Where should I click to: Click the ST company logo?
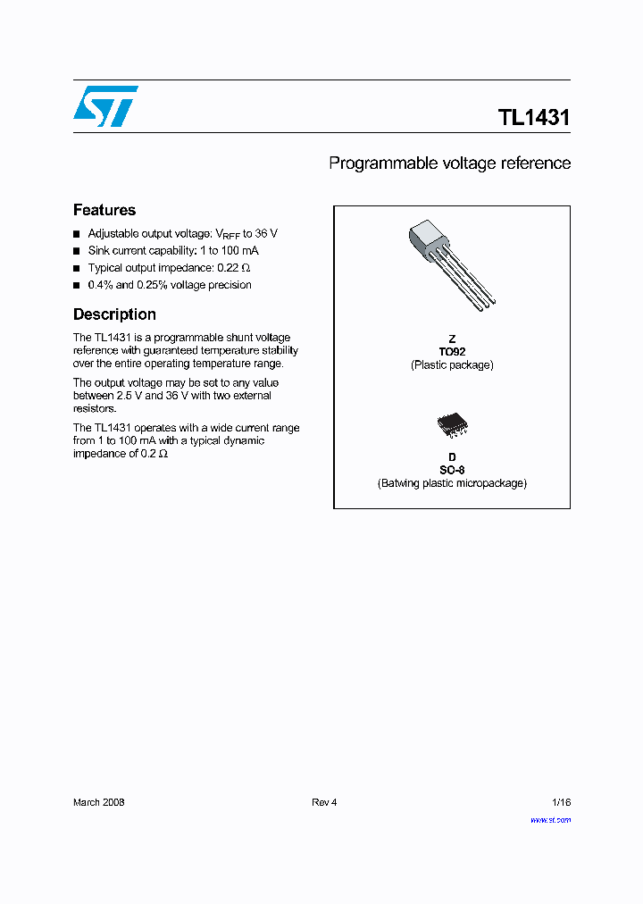105,106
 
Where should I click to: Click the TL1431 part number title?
533,118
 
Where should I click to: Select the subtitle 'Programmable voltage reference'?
449,163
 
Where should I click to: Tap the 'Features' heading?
104,210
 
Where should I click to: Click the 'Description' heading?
114,314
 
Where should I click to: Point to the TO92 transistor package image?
449,264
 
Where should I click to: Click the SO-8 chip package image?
452,424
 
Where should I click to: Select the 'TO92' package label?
452,352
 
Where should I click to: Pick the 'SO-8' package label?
452,470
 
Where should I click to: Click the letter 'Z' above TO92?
452,339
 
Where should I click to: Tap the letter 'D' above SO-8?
452,457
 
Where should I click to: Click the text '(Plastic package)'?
452,365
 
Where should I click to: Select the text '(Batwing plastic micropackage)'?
452,483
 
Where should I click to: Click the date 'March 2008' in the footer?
98,802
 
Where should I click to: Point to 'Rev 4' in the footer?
324,802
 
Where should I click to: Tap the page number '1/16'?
559,802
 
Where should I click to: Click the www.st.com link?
550,819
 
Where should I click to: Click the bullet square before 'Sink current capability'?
77,251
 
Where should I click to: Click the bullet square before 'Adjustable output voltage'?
77,234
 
